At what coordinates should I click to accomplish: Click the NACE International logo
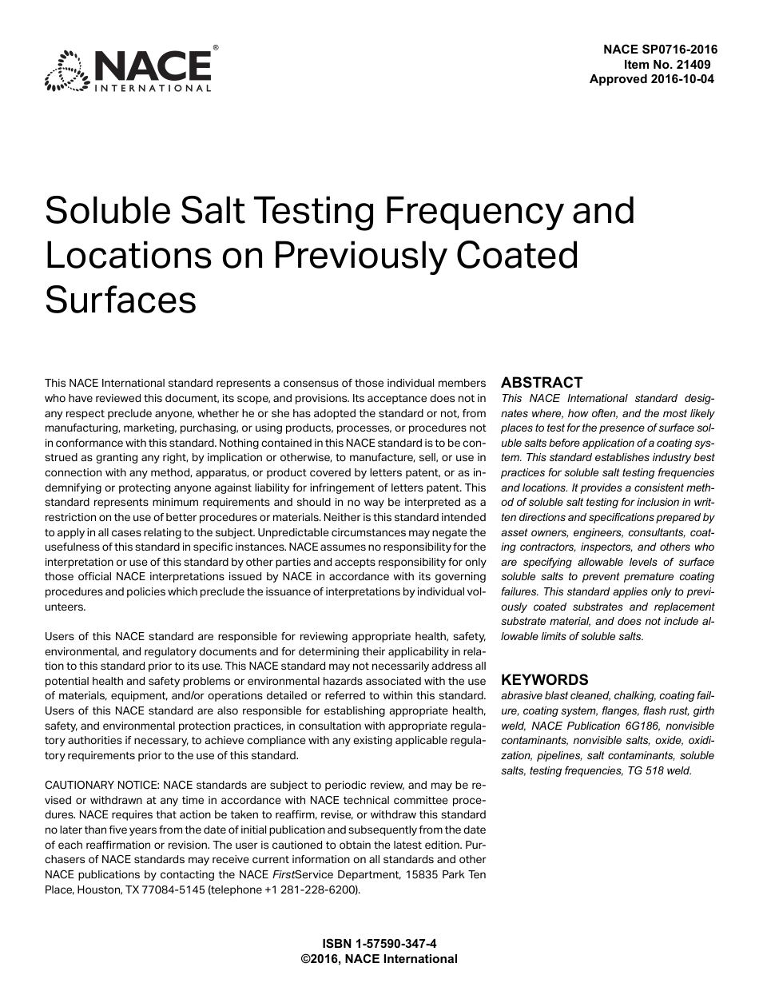pos(129,70)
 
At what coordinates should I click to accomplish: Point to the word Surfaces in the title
pos(120,300)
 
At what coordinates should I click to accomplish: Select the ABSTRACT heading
pos(542,382)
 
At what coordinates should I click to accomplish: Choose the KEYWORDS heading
pos(544,680)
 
